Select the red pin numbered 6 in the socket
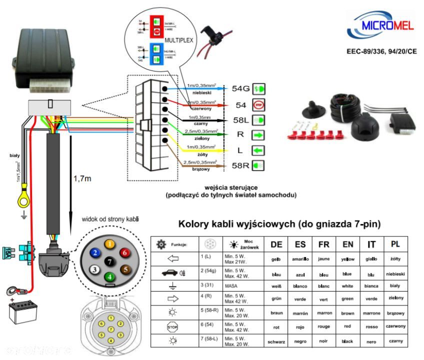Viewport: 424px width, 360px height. (x=125, y=253)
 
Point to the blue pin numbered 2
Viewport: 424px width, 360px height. (x=93, y=253)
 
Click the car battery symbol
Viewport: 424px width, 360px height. (x=22, y=312)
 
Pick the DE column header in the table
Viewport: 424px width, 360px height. (x=276, y=245)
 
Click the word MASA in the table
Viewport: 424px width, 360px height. (x=230, y=285)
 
